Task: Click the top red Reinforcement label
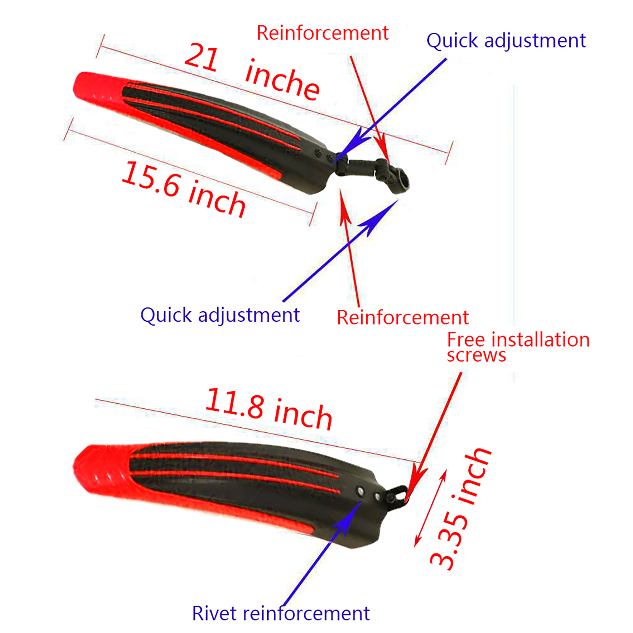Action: click(x=322, y=33)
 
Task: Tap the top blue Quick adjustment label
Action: click(x=506, y=41)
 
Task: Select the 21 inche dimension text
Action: click(x=252, y=72)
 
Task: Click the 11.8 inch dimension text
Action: click(x=269, y=409)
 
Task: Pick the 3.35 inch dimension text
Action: click(x=461, y=510)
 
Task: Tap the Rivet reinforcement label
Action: click(x=280, y=614)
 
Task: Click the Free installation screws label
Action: click(x=517, y=347)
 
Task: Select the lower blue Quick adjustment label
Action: click(x=220, y=315)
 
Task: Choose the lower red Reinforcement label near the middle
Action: click(x=402, y=318)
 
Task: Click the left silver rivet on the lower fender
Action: click(x=360, y=491)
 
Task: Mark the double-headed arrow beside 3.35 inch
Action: click(x=430, y=508)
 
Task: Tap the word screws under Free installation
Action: click(x=476, y=355)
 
